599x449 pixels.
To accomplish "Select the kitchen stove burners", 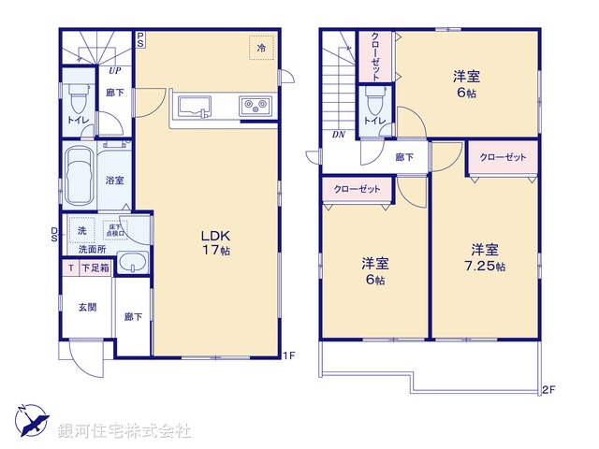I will pos(254,106).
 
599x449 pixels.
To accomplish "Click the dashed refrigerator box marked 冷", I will pos(259,46).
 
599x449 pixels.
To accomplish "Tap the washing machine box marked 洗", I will pos(81,230).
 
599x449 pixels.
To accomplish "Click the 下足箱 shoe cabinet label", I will pos(95,268).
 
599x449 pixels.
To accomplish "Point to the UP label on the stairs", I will pos(114,70).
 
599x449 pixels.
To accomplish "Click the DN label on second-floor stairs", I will pos(339,135).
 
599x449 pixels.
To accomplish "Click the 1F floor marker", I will pos(290,355).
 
